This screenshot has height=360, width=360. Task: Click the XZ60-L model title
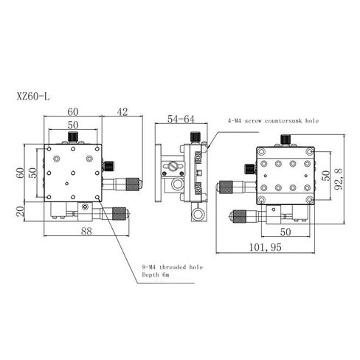33,97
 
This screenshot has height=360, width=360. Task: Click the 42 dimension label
122,112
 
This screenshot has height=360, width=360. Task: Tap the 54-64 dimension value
181,119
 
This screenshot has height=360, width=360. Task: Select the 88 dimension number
86,232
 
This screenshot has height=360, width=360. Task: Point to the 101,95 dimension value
266,247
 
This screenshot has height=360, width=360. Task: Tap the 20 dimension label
21,211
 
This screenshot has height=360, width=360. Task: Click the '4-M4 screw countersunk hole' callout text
273,121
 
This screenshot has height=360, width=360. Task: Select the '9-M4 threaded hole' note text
173,267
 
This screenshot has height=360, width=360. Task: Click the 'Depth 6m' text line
156,274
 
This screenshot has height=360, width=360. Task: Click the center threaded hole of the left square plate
73,173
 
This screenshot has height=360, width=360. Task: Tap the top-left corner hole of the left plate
49,149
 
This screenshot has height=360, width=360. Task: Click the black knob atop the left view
73,136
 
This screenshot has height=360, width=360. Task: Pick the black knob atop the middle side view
195,137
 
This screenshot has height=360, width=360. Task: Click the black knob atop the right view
285,139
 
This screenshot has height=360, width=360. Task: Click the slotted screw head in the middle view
173,167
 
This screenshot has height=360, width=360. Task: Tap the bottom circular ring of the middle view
198,215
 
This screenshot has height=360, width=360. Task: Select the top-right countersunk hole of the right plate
309,152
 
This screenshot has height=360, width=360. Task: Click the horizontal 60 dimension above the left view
73,112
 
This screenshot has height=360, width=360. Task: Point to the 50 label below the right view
285,232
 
